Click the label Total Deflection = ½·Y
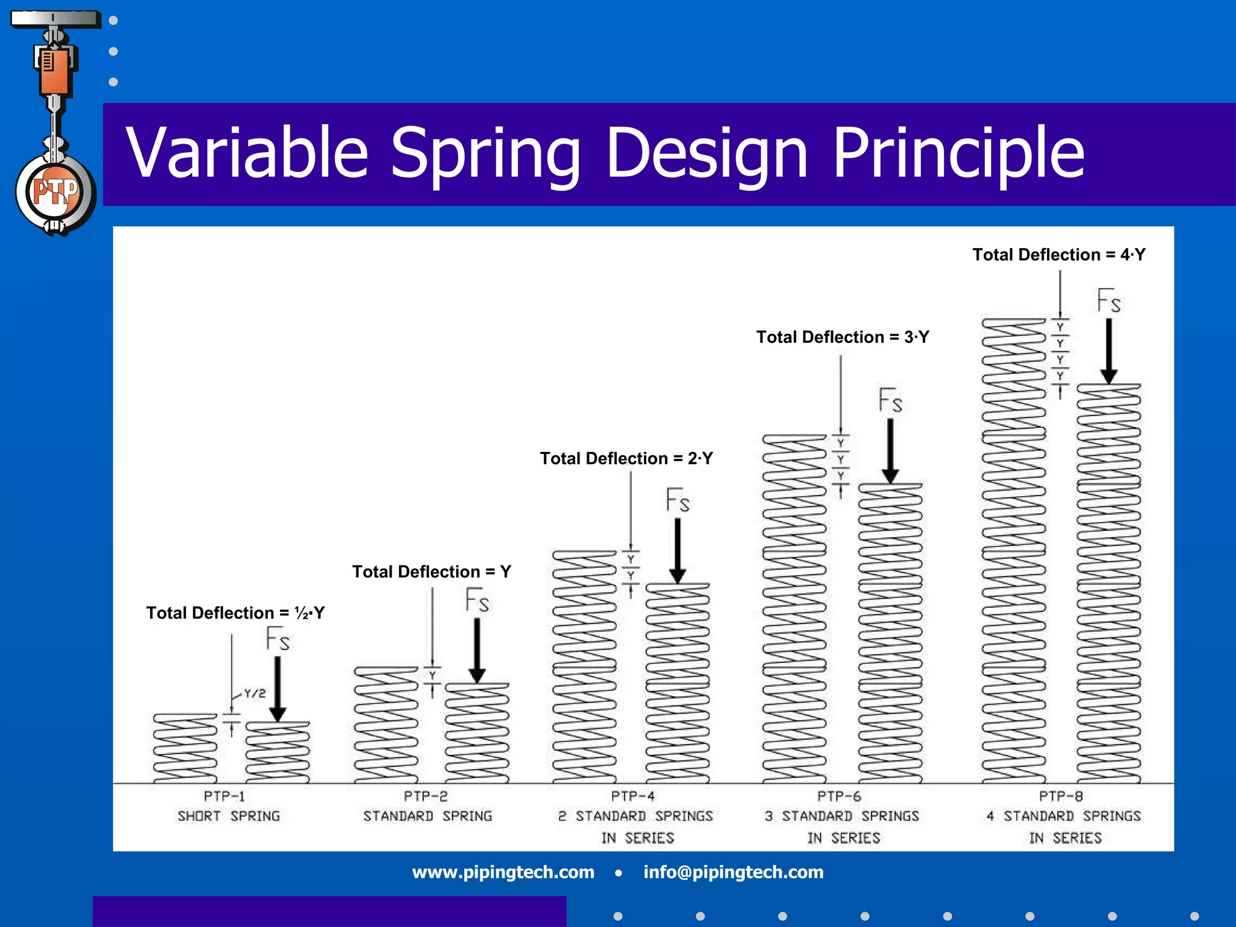pyautogui.click(x=235, y=613)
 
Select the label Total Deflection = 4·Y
pyautogui.click(x=1059, y=255)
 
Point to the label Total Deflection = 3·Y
pyautogui.click(x=843, y=337)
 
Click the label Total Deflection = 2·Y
pyautogui.click(x=626, y=459)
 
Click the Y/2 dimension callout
pyautogui.click(x=254, y=693)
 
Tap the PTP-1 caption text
pyautogui.click(x=224, y=796)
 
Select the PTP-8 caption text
pyautogui.click(x=1060, y=796)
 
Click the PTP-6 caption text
pyautogui.click(x=839, y=796)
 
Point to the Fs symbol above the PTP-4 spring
pyautogui.click(x=677, y=501)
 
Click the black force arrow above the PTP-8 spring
pyautogui.click(x=1109, y=350)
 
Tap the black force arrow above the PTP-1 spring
pyautogui.click(x=277, y=688)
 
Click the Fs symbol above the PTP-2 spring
pyautogui.click(x=477, y=600)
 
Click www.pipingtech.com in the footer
pyautogui.click(x=503, y=872)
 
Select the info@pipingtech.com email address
pyautogui.click(x=733, y=872)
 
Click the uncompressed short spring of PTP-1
pyautogui.click(x=185, y=748)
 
